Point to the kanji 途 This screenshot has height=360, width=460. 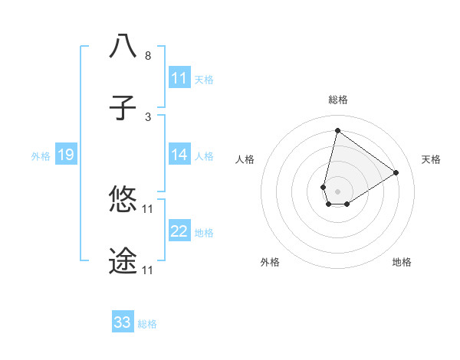pos(123,261)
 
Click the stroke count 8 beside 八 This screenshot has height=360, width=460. pos(148,56)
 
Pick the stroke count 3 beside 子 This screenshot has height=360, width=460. pos(148,116)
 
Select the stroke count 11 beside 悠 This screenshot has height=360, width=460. pos(148,208)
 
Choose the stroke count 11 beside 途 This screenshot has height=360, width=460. pos(148,270)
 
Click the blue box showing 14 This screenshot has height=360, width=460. pos(179,155)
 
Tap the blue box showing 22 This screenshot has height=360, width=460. pos(179,231)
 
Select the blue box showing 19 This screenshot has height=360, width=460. pos(65,155)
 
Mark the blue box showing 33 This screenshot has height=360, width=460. pos(123,322)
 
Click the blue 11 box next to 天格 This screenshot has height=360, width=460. pos(179,78)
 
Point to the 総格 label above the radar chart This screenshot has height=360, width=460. pos(338,100)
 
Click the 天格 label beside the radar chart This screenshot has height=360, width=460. pos(432,159)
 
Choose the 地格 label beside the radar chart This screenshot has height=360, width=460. pos(402,262)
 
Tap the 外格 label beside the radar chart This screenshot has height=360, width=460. pos(270,262)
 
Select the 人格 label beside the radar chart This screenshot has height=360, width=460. pos(245,159)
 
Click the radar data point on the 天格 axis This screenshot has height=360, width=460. pos(396,172)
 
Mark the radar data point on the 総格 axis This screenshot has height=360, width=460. pos(337,130)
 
